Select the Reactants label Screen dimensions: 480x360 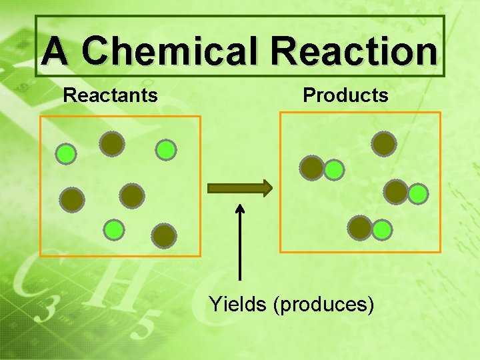click(110, 95)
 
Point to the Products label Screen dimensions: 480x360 click(345, 95)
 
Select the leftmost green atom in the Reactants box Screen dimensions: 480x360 click(65, 155)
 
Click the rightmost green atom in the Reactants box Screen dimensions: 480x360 click(165, 150)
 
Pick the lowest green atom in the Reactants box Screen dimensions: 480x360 click(114, 229)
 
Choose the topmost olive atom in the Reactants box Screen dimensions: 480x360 click(112, 143)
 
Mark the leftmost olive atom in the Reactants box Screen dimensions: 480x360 click(72, 199)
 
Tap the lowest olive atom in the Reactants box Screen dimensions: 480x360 click(163, 235)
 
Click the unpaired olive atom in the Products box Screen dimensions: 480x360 click(384, 143)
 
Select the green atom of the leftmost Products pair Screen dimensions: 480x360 click(334, 171)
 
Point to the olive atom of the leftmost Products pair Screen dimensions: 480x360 click(312, 168)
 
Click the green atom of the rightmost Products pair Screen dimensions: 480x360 click(418, 194)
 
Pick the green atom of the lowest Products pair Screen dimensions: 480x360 click(382, 231)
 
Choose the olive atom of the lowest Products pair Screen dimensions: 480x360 click(360, 228)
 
